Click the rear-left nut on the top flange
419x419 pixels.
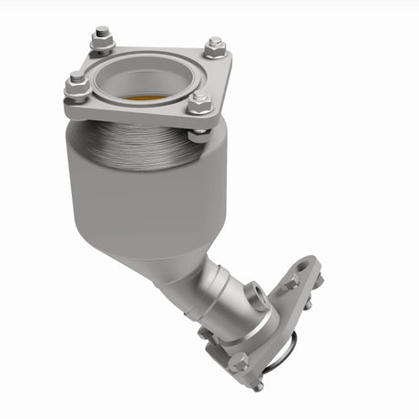[101, 41]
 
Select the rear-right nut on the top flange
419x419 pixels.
[215, 46]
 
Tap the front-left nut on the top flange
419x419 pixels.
[77, 87]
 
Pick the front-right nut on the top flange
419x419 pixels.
[199, 103]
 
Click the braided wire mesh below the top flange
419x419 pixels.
[137, 146]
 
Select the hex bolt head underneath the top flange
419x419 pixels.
[198, 136]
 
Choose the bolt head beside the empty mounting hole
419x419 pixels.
[290, 285]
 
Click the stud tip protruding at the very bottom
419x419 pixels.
[258, 387]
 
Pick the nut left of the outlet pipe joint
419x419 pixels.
[206, 334]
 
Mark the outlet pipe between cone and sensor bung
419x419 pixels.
[214, 282]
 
